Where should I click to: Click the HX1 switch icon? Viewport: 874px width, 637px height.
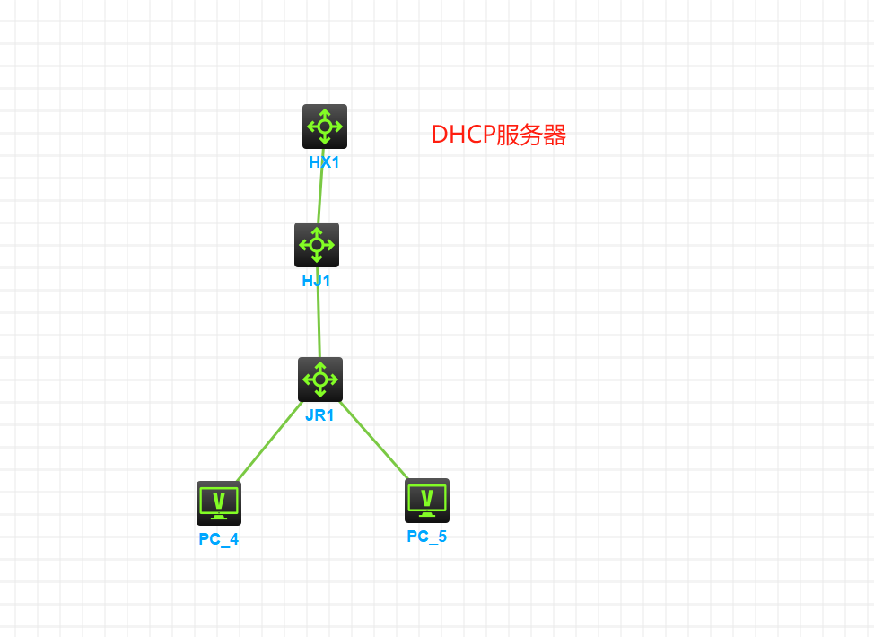(x=324, y=126)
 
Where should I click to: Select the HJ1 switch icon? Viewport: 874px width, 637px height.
(x=317, y=244)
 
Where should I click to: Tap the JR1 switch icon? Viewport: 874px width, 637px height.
(x=320, y=379)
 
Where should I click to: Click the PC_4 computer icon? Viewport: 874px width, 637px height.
(x=219, y=502)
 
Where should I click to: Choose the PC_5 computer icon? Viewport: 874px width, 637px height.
(x=427, y=500)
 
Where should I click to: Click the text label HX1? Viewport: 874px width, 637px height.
(x=324, y=163)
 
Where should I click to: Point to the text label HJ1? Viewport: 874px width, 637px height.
(x=317, y=281)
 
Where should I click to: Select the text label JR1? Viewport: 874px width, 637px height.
(x=319, y=415)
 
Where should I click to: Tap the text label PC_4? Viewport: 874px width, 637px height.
(x=219, y=539)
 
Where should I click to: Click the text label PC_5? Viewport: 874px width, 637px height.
(x=427, y=537)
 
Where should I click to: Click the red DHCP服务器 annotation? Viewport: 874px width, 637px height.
(x=499, y=135)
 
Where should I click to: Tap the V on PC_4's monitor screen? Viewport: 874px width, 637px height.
(x=219, y=499)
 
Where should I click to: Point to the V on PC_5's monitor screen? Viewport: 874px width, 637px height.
(x=427, y=496)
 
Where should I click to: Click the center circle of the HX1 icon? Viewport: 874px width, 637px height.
(x=324, y=126)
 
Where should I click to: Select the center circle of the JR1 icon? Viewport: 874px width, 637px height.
(x=320, y=379)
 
